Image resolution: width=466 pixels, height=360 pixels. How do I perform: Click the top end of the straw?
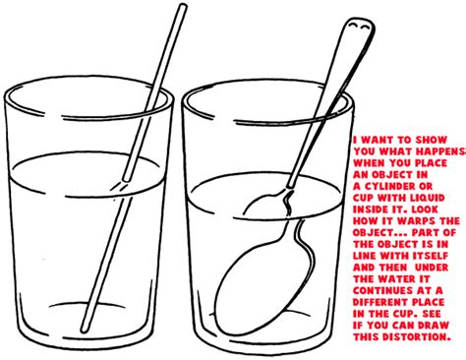[x=182, y=8]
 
